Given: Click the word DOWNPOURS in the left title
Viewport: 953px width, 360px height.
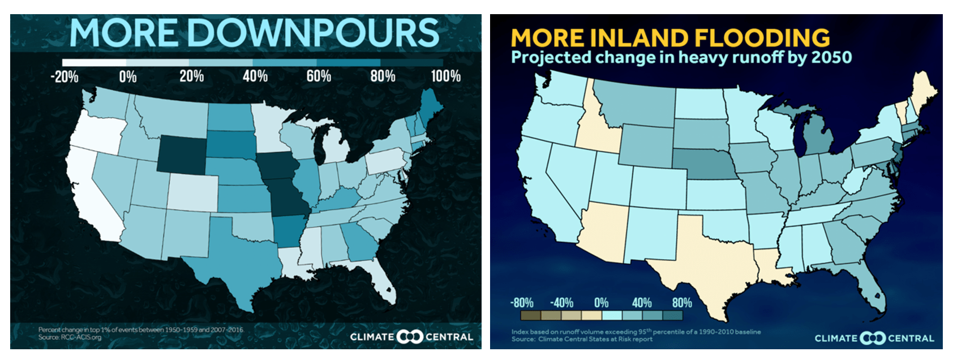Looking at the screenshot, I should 313,33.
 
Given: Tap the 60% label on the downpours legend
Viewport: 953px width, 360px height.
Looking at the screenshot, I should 319,76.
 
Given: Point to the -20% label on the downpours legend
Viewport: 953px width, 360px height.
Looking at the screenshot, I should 65,76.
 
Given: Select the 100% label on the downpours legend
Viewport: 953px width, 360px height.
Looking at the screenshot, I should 445,76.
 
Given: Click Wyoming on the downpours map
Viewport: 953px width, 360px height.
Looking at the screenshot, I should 181,154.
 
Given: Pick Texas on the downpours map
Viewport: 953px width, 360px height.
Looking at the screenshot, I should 238,255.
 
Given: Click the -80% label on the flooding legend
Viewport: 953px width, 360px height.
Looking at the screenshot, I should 521,303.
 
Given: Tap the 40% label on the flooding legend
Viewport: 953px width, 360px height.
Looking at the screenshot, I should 641,303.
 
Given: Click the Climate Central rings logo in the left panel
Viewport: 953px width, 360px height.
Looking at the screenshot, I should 410,337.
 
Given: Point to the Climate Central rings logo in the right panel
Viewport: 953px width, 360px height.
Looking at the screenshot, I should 873,338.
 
